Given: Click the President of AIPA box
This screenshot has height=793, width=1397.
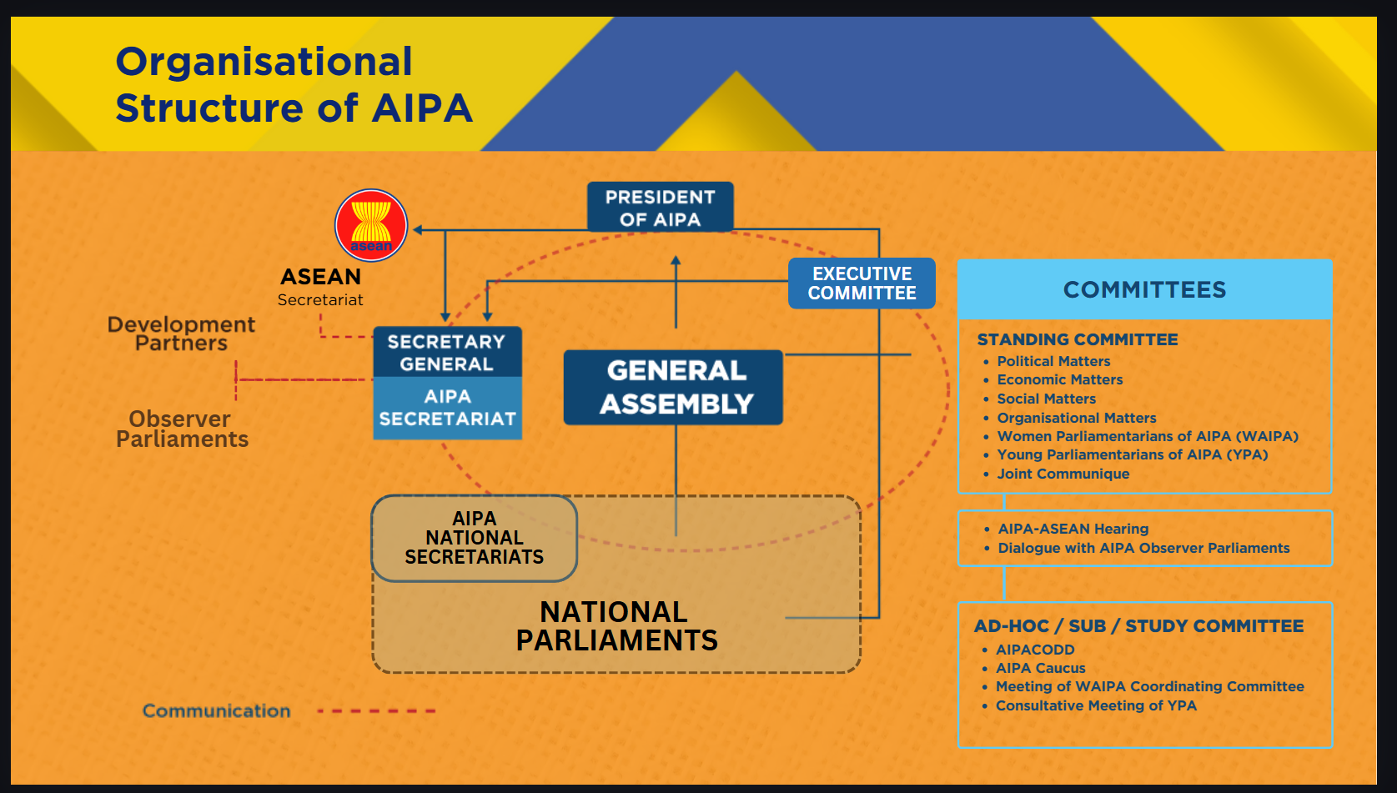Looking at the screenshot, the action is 660,207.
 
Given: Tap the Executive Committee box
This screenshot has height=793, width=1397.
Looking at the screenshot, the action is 862,283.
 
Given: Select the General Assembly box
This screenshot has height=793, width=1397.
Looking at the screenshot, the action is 673,387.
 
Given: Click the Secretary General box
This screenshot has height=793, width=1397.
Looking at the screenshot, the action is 447,352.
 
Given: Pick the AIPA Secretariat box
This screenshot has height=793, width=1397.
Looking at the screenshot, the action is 447,408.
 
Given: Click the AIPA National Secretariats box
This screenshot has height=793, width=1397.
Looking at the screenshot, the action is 474,538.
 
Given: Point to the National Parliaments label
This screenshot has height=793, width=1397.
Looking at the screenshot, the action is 617,626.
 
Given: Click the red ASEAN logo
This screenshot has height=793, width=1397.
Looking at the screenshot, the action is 371,225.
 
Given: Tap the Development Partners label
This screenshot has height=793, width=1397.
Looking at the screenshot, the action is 181,334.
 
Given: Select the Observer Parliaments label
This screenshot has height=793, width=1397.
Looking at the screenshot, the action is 182,429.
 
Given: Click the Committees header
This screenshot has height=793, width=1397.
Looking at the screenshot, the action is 1145,289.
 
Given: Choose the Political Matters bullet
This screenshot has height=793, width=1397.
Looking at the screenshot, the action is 1053,362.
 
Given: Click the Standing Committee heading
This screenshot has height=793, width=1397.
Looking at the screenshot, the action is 1078,339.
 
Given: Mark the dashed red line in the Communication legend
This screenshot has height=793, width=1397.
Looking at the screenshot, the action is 376,710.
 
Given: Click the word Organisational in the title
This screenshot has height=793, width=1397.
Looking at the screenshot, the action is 264,62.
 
